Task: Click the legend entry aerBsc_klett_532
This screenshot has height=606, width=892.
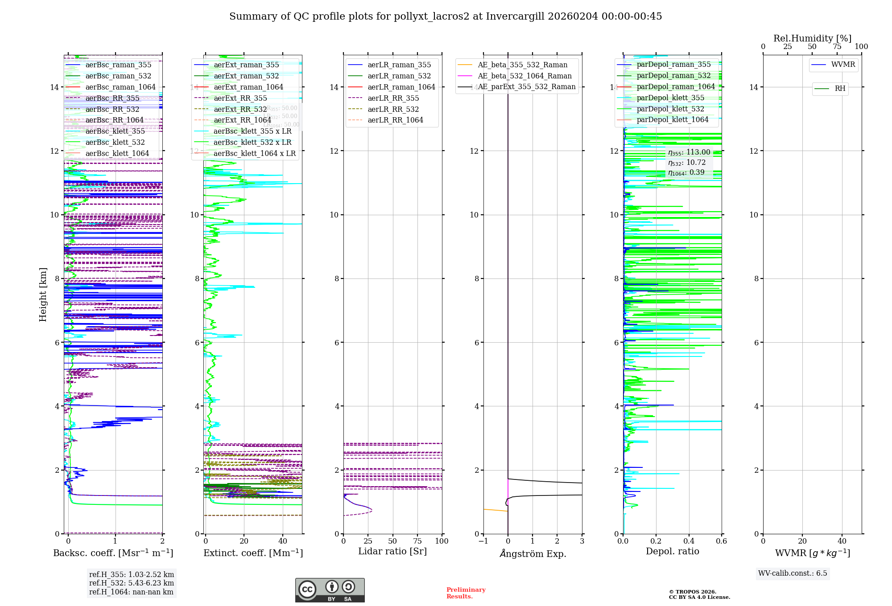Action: click(x=115, y=142)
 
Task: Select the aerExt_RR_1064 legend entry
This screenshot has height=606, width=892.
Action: click(x=242, y=120)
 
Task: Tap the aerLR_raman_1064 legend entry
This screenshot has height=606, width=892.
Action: click(x=401, y=87)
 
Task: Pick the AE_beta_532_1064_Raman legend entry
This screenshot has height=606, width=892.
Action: click(x=524, y=76)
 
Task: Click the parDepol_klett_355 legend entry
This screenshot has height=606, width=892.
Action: click(x=670, y=98)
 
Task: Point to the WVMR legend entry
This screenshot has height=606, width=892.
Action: click(x=843, y=65)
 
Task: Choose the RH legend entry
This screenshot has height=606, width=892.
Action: click(x=840, y=89)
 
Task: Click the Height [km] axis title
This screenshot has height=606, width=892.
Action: click(x=43, y=295)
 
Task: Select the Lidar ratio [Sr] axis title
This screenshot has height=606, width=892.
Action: click(x=392, y=551)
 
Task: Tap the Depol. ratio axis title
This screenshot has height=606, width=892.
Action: click(x=672, y=551)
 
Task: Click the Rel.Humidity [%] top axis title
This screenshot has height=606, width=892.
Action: click(x=812, y=38)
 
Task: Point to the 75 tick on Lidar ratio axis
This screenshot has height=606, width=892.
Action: click(x=417, y=541)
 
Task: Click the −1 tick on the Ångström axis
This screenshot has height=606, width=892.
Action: click(x=483, y=541)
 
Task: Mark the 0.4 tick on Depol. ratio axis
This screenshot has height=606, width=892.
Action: click(x=689, y=541)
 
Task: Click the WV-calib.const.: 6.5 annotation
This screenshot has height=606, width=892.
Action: click(x=793, y=573)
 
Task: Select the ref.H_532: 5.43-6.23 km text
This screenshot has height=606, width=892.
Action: click(x=132, y=583)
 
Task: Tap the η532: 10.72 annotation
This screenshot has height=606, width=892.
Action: click(x=687, y=163)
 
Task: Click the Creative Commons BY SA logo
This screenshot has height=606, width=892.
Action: click(x=330, y=590)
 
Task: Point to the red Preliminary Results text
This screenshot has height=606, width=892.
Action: click(x=466, y=593)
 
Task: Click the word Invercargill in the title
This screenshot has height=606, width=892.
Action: click(x=515, y=16)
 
